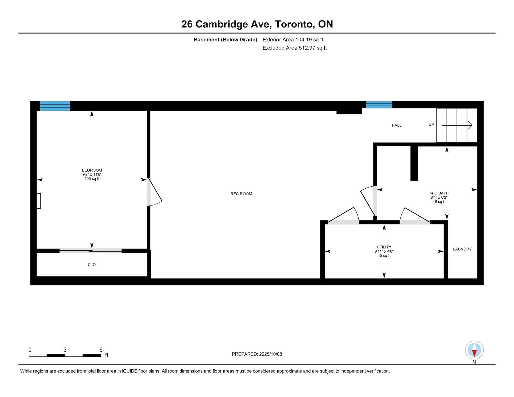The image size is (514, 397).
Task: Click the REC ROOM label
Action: click(241, 194)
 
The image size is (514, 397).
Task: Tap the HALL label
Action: click(397, 125)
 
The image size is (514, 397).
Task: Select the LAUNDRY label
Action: click(462, 249)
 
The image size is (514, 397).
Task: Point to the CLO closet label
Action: click(92, 265)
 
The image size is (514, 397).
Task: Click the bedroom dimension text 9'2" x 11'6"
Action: click(92, 174)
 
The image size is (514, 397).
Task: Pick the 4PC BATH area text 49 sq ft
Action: click(439, 201)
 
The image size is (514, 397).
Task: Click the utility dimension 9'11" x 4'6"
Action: click(384, 251)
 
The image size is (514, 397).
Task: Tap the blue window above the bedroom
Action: click(55, 106)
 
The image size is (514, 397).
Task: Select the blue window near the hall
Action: click(379, 105)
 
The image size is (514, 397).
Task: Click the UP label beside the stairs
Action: click(431, 124)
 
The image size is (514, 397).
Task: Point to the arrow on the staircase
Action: click(457, 125)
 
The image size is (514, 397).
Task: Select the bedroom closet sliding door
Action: click(91, 251)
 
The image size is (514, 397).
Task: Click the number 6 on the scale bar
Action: click(101, 350)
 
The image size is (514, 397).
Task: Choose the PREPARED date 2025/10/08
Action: click(270, 354)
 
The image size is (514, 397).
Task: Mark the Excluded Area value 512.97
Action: click(307, 48)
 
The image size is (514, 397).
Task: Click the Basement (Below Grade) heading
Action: click(226, 40)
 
